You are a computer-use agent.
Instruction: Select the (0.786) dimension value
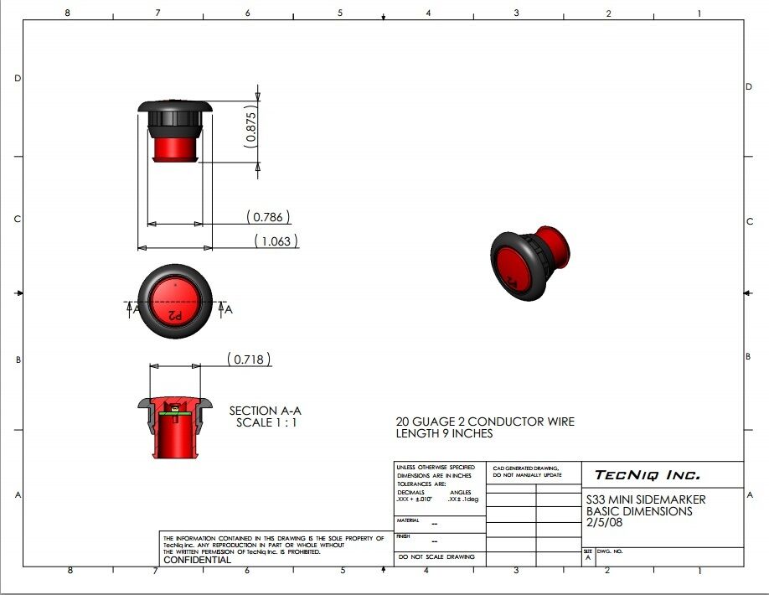(x=268, y=217)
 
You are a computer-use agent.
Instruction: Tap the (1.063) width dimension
(x=276, y=241)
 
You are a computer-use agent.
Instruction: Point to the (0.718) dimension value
(x=249, y=360)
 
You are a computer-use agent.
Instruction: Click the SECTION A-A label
(x=265, y=411)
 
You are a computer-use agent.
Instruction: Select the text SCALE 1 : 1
(x=266, y=422)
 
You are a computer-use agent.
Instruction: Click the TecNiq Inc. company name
(x=646, y=475)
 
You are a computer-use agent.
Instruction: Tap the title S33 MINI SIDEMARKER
(x=645, y=499)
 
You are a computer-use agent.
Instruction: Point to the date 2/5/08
(x=604, y=522)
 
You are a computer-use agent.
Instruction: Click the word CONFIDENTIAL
(x=197, y=560)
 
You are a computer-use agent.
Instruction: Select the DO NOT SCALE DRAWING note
(x=436, y=556)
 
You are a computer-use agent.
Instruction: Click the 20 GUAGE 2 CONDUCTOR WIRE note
(x=485, y=422)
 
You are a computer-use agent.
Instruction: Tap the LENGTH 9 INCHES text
(x=444, y=434)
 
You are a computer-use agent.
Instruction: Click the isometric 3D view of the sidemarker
(x=529, y=261)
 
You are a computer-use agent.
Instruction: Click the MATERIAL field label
(x=409, y=520)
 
